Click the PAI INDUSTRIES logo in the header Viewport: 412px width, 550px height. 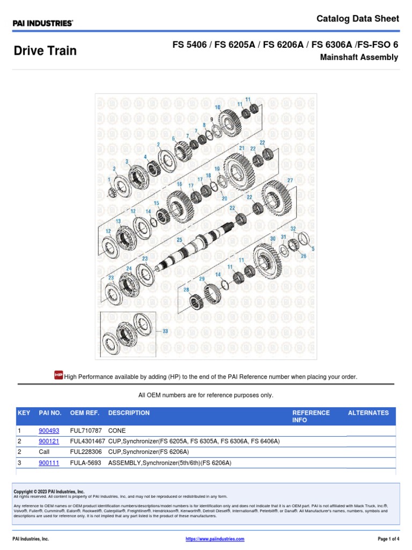coord(43,23)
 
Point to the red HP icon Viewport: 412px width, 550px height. coord(59,375)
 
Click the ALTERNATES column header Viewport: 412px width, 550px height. coord(368,413)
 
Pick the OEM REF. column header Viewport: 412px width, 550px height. coord(86,413)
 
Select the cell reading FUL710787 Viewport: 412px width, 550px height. coord(87,431)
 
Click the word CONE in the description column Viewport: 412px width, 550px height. coord(117,431)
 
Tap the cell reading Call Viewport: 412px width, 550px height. coord(44,452)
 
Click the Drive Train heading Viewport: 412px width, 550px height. coord(45,51)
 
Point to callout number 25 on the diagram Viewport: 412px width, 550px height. coord(180,240)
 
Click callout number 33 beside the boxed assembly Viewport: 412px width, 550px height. coord(165,331)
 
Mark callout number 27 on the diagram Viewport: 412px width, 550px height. coord(290,180)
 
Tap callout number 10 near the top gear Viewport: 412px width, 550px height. coord(217,107)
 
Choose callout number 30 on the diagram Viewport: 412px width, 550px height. coord(273,238)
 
